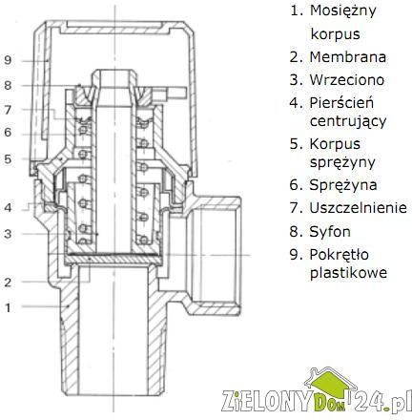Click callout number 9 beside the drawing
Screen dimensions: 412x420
[8, 60]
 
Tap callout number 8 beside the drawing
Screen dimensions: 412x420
[8, 85]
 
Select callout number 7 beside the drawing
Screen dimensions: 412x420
[8, 110]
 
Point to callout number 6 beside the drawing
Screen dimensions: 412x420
[8, 132]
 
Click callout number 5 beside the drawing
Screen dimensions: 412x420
[8, 158]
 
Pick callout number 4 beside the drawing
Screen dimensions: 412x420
[8, 208]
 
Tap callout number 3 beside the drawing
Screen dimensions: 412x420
[8, 234]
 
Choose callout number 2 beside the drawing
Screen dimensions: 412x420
[8, 282]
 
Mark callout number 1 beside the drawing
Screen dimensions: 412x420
[8, 307]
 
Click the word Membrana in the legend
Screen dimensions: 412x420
[348, 57]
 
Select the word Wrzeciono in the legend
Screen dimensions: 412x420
[347, 79]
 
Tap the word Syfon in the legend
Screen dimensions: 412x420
[330, 232]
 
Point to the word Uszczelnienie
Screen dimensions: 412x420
[359, 208]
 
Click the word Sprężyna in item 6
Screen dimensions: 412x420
[343, 185]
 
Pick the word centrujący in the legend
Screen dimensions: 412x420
[348, 121]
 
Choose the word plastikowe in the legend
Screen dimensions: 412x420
[348, 273]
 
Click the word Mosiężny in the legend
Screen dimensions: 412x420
[343, 10]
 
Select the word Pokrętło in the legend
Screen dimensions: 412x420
[340, 255]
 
